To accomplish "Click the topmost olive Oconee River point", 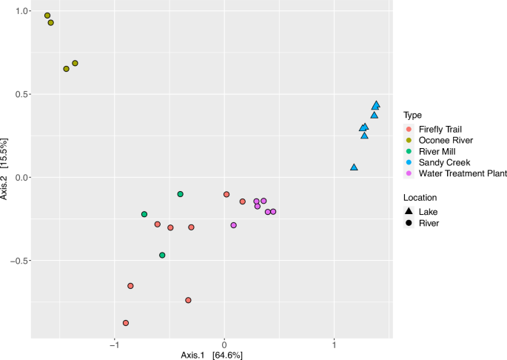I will tap(47, 16).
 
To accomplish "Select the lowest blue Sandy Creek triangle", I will tap(354, 167).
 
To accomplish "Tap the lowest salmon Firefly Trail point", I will tap(126, 323).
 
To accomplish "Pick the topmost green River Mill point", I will tap(181, 194).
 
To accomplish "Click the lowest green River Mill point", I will tap(162, 255).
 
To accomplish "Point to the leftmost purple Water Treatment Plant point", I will tap(234, 225).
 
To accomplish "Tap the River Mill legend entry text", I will tap(437, 152).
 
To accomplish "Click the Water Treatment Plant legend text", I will tap(463, 173).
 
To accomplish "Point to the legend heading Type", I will tap(412, 116).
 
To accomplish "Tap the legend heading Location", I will tap(420, 198).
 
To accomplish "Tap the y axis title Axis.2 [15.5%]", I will tap(5, 170).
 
